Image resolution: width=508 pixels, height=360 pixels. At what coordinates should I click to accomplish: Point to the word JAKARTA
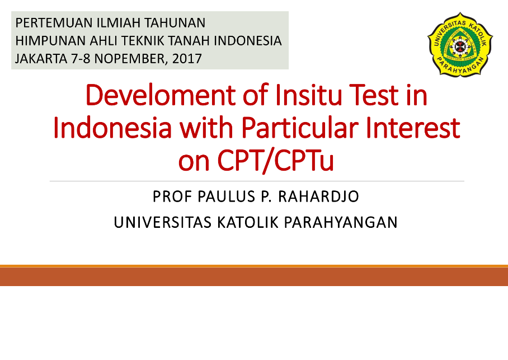click(41, 59)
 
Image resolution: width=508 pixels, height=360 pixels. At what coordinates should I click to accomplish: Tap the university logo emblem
click(460, 44)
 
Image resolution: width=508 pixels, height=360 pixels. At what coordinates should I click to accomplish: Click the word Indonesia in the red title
click(112, 128)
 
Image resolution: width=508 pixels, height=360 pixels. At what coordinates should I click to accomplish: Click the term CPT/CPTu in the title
click(275, 161)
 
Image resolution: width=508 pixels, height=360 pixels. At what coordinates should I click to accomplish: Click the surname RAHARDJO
click(318, 197)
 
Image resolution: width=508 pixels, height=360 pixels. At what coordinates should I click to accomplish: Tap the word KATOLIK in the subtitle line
click(247, 222)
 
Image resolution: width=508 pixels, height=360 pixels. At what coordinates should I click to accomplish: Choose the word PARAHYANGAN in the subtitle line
click(341, 222)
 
